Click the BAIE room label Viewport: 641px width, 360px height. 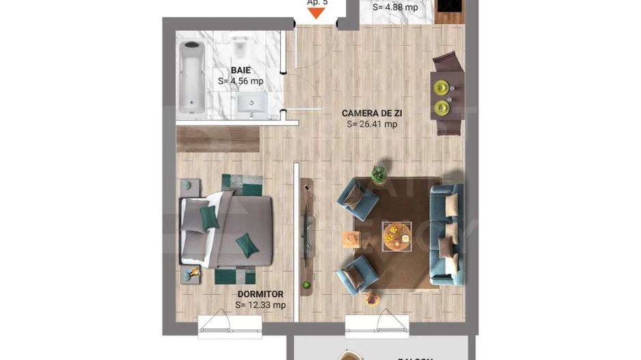[240, 70]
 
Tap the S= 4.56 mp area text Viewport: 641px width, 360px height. [241, 81]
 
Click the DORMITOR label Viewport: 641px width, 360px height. [260, 294]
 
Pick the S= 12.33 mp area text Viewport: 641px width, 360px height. [260, 305]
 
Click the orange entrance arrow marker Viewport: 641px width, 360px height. [316, 11]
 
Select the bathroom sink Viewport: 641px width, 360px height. [252, 105]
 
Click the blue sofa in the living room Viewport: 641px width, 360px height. [446, 234]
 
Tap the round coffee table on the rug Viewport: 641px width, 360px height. [396, 236]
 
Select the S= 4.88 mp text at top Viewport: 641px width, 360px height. [394, 8]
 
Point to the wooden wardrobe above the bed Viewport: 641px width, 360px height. [217, 139]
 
